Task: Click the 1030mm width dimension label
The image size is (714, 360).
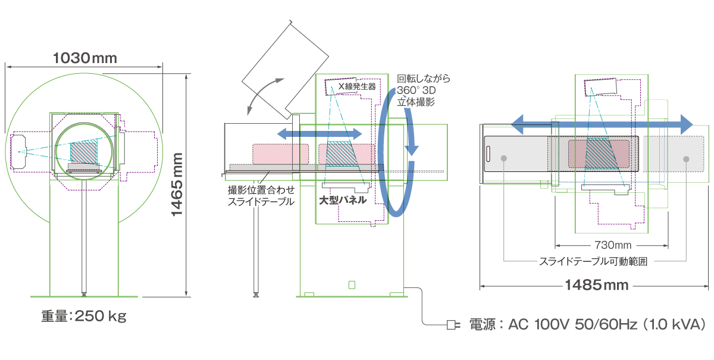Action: pyautogui.click(x=84, y=58)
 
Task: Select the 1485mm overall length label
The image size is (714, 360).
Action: pyautogui.click(x=597, y=285)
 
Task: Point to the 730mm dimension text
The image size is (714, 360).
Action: pyautogui.click(x=613, y=245)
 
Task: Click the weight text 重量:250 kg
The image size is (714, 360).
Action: pyautogui.click(x=84, y=316)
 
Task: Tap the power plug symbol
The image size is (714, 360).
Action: pyautogui.click(x=453, y=325)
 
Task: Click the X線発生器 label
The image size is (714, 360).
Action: pyautogui.click(x=357, y=86)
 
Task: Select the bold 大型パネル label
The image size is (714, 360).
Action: pyautogui.click(x=343, y=201)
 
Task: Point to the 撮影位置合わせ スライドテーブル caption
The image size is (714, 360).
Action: pyautogui.click(x=261, y=196)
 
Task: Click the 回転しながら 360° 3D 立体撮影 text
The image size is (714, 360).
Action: pyautogui.click(x=423, y=90)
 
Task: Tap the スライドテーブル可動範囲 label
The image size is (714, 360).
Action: pyautogui.click(x=593, y=261)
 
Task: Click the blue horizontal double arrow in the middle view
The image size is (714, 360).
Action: pyautogui.click(x=320, y=134)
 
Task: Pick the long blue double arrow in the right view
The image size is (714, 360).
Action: pyautogui.click(x=602, y=124)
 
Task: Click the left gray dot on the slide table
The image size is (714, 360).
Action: pyautogui.click(x=503, y=158)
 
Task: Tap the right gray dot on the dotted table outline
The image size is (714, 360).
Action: pyautogui.click(x=686, y=159)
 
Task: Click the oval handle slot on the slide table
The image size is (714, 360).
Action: pyautogui.click(x=488, y=154)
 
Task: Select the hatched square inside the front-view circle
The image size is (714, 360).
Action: pyautogui.click(x=83, y=152)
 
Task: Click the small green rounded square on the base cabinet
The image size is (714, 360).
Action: pyautogui.click(x=352, y=285)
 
